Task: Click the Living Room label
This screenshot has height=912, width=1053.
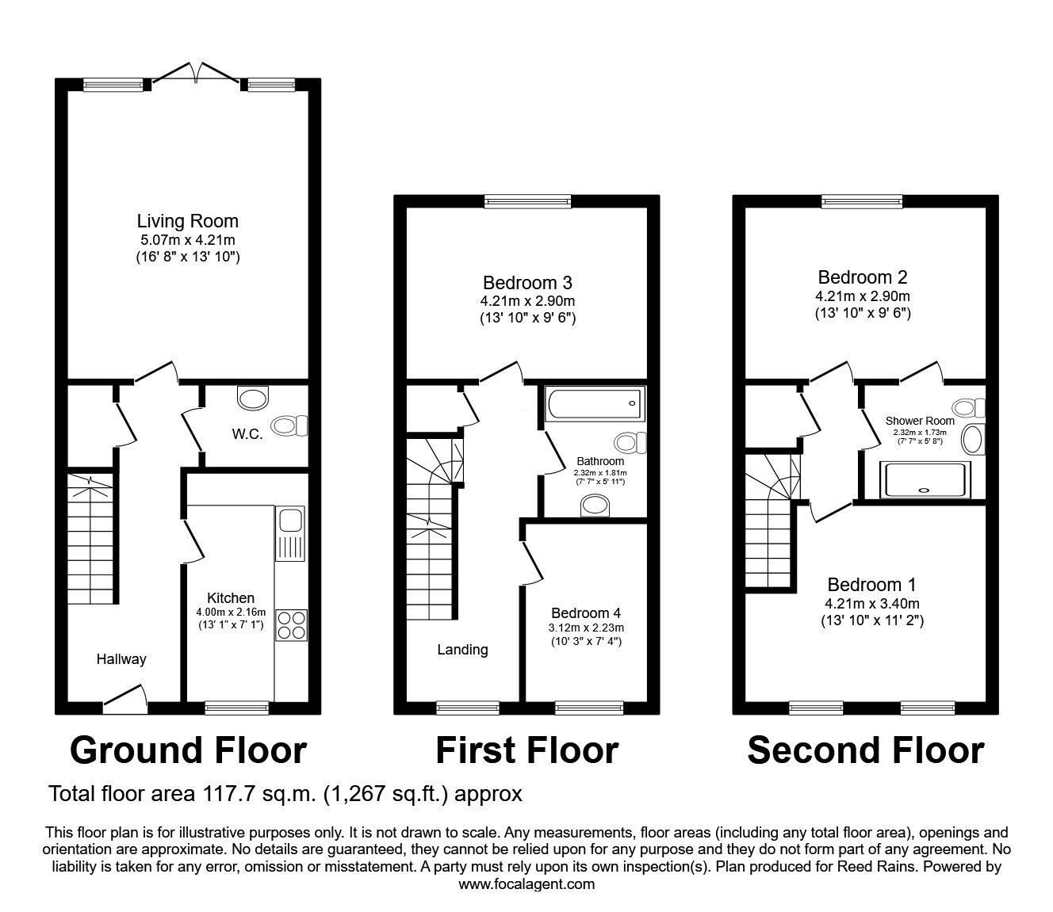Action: (x=187, y=221)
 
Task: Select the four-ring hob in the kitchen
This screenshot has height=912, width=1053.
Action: (x=291, y=624)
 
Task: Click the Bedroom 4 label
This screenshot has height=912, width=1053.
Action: (x=586, y=612)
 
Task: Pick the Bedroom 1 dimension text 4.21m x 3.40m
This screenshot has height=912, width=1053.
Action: (x=871, y=604)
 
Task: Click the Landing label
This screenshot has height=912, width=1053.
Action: (x=462, y=650)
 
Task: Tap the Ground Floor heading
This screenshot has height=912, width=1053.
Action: (x=188, y=750)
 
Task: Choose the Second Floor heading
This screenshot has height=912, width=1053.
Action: (x=865, y=750)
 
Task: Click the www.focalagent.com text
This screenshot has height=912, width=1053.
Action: (x=526, y=884)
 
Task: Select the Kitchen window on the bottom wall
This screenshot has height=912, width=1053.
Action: (x=237, y=708)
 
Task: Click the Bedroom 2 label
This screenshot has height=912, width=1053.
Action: (x=863, y=277)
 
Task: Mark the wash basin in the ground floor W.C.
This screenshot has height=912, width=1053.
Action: (x=254, y=395)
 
